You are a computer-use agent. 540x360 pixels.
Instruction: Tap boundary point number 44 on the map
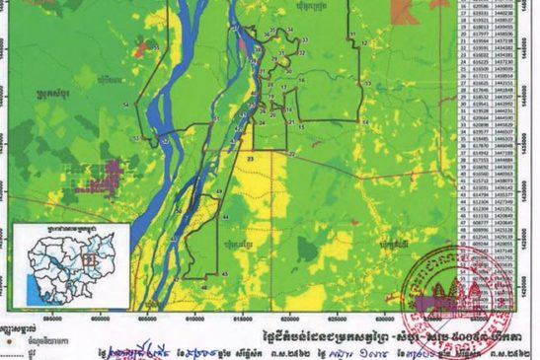[x=228, y=216]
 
